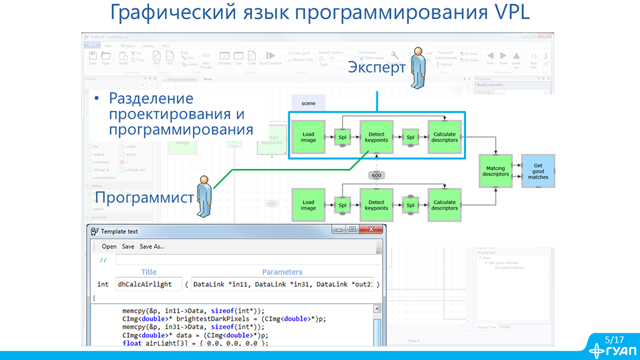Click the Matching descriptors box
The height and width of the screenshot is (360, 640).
tap(495, 171)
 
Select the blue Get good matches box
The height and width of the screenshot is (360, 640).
tap(538, 171)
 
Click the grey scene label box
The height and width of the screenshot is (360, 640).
tap(309, 103)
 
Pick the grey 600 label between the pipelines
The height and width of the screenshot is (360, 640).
tap(376, 175)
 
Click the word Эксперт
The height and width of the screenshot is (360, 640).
tap(376, 67)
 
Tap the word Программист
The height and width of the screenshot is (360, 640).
tap(144, 197)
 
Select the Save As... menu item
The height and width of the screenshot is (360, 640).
tap(152, 246)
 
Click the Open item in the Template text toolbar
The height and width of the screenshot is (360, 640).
tap(109, 246)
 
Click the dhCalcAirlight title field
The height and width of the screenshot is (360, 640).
tap(149, 284)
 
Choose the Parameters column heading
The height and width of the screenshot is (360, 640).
tap(283, 272)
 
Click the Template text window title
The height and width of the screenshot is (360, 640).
tap(119, 232)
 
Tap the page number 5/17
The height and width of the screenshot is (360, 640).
tap(615, 340)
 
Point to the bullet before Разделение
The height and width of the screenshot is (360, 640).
tap(97, 99)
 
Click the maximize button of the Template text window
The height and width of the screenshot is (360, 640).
tap(352, 230)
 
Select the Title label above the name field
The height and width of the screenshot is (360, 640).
tap(149, 272)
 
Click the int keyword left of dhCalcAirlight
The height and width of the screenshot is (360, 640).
tap(103, 284)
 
